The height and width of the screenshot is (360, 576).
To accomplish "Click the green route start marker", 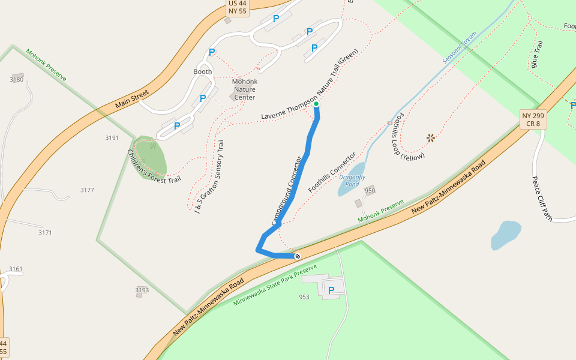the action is (x=316, y=104).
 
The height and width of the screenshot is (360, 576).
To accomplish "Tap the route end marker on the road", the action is (x=297, y=256).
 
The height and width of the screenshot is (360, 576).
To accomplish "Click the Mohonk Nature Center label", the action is (x=245, y=89).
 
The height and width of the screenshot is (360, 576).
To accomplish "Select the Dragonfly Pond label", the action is (x=352, y=181).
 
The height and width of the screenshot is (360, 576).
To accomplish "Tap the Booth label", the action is (x=203, y=71).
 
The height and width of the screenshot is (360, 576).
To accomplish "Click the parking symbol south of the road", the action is (x=331, y=290).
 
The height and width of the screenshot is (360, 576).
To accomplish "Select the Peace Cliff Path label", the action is (x=542, y=199).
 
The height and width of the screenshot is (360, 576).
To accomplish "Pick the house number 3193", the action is (x=142, y=290).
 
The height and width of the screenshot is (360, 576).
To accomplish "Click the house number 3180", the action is (x=17, y=79).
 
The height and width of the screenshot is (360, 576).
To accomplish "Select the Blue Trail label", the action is (x=538, y=54).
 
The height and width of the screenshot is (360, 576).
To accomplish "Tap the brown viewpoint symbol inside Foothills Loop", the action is (x=430, y=138).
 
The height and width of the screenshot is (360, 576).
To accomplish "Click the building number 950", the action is (x=370, y=191).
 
